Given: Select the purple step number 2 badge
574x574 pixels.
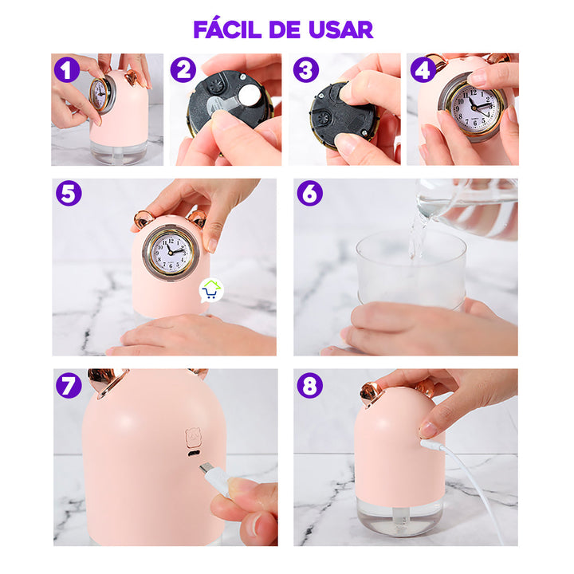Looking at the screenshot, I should (183, 69).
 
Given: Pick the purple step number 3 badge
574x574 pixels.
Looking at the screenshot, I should (305, 69).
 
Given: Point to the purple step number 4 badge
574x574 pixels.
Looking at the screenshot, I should (423, 69).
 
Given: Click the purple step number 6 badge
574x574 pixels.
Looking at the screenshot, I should (309, 194).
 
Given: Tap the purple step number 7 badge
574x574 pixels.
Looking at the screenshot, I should (69, 385).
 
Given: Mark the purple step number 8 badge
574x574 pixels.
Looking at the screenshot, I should (309, 385).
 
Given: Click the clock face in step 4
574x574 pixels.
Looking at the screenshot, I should (475, 105).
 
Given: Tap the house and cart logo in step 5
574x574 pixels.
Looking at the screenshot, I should (210, 289).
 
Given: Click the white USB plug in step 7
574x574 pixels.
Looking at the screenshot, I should (214, 478).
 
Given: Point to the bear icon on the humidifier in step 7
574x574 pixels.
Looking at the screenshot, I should (193, 438).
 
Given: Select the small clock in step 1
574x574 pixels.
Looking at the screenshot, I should (101, 94).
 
